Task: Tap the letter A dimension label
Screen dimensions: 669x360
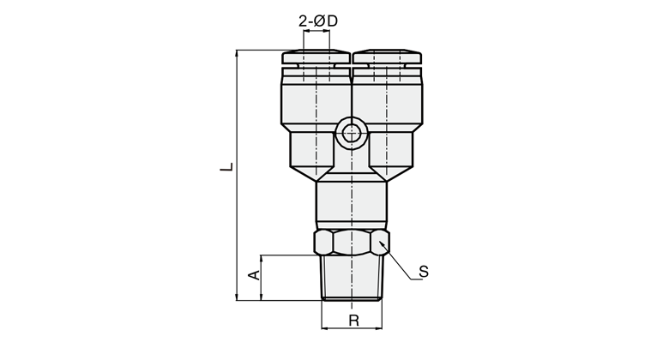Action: click(x=254, y=275)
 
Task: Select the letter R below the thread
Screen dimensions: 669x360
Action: click(x=353, y=321)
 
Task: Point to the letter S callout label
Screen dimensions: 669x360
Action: click(x=423, y=272)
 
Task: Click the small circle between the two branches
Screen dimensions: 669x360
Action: click(x=351, y=135)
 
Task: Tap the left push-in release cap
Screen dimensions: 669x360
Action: click(x=316, y=57)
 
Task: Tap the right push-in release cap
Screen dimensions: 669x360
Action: click(x=388, y=57)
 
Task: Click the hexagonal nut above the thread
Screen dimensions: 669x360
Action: click(x=352, y=243)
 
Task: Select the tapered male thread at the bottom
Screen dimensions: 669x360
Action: click(x=352, y=278)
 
